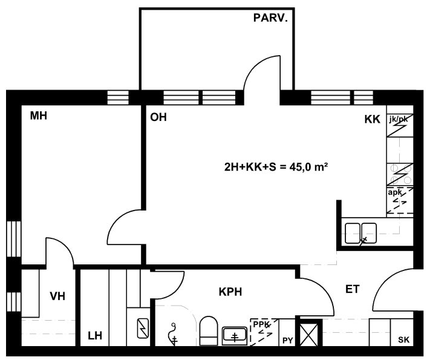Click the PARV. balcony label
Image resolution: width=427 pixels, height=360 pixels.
point(270,18)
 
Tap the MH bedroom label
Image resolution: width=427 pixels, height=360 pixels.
point(38,116)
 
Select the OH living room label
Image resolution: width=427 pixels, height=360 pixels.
point(158,117)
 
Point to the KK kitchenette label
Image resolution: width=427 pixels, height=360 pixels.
point(372,119)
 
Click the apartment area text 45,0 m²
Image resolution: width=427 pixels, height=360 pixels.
point(308,166)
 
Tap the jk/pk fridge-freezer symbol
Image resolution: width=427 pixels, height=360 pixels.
point(400,125)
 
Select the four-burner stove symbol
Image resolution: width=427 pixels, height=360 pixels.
point(400,175)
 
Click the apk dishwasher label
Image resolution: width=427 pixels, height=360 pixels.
point(394,192)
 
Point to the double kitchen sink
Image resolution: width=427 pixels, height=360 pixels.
point(361,233)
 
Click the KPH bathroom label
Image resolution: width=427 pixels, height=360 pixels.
point(230,292)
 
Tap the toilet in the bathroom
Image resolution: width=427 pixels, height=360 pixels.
point(209,330)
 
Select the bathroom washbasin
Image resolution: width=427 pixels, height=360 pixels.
point(235,336)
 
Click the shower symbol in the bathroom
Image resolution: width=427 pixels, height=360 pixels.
point(174,334)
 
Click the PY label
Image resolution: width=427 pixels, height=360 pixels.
point(287,341)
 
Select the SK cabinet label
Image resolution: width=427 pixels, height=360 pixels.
point(403,339)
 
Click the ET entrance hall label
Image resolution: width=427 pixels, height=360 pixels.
point(353,289)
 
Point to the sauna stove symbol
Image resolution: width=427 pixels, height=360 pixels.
point(143,329)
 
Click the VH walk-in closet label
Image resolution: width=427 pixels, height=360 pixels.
point(57,296)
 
